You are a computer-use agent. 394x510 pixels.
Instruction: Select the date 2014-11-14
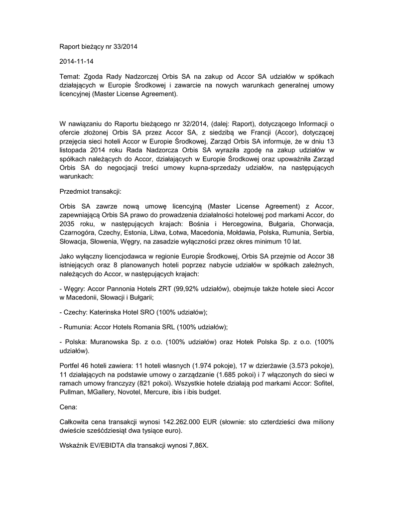tap(76, 62)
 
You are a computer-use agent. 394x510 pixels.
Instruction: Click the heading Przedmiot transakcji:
tap(90, 191)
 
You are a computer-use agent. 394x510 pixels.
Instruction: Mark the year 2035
tap(68, 224)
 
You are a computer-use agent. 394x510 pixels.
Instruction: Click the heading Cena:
tap(68, 407)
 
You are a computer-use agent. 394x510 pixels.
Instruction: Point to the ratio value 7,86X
tap(198, 445)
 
